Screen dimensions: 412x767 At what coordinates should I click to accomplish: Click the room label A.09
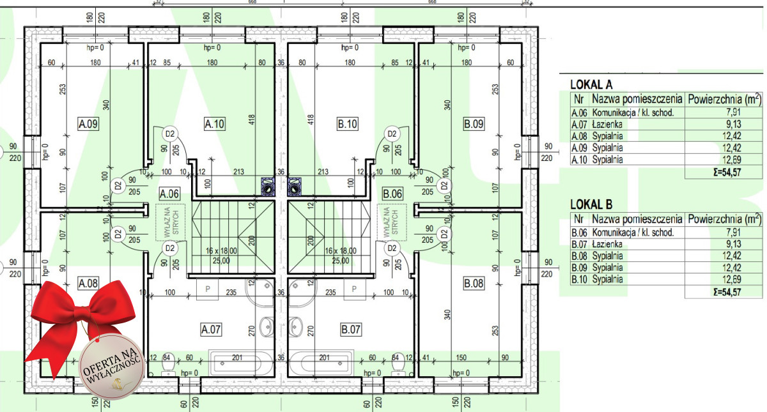[88, 124]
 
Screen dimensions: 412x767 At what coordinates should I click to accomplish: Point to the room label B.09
[474, 124]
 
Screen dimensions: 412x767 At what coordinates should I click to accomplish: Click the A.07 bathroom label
[211, 330]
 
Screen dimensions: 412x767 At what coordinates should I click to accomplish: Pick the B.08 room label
[474, 283]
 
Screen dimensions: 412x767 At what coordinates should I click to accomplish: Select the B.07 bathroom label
[351, 330]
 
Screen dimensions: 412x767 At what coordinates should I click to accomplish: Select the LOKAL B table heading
[591, 205]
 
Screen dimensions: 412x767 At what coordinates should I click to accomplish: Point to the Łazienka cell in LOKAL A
[607, 125]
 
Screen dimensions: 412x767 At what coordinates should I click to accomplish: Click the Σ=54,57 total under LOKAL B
[726, 291]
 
